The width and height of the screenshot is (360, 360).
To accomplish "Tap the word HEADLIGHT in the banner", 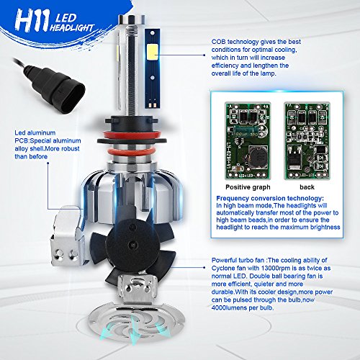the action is point(71,27).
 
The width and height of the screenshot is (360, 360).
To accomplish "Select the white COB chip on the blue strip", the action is point(152,52).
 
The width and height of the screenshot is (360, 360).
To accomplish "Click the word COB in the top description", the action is point(218,42).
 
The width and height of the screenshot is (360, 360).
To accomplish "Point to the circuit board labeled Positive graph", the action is point(248,141).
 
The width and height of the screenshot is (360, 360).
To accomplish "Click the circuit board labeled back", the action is point(307,141).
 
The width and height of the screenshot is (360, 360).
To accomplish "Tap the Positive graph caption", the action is point(248,187).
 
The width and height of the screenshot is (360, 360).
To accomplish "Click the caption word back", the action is point(307,187).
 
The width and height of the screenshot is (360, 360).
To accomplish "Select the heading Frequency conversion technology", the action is point(270,199).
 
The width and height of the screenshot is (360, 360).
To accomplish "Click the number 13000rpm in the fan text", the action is point(266,268).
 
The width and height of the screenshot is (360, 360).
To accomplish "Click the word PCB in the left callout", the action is point(22,140).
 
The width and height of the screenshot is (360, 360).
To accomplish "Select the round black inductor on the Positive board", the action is point(258,156).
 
